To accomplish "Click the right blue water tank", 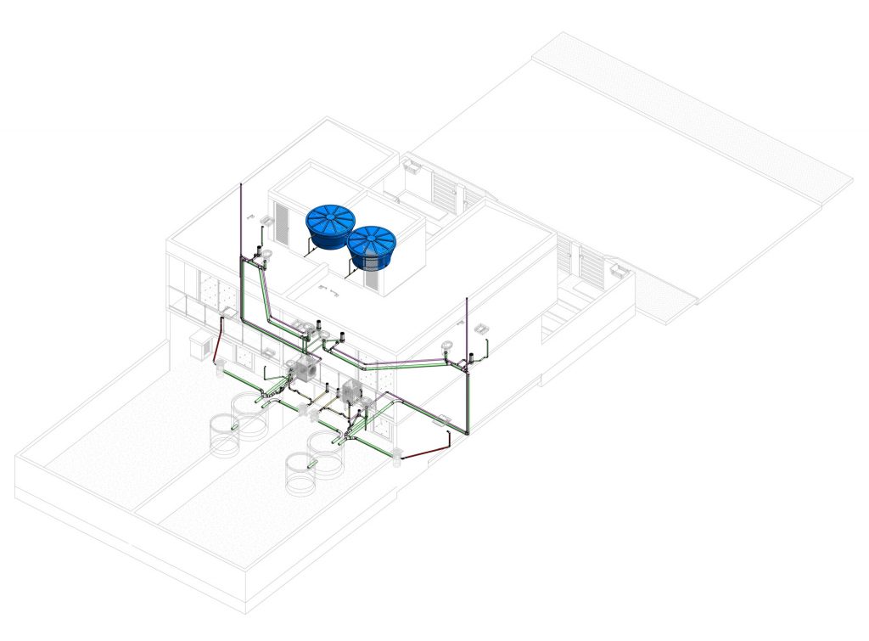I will (x=373, y=246).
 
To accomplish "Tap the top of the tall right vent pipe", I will (x=468, y=301).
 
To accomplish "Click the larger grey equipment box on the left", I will (x=304, y=371).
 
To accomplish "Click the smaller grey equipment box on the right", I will (x=353, y=391).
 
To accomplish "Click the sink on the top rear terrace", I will (x=413, y=166).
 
